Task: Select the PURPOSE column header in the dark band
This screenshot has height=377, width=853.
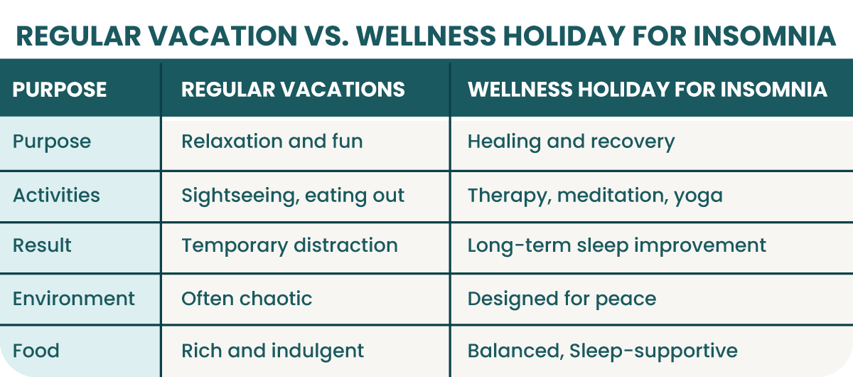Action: click(x=60, y=90)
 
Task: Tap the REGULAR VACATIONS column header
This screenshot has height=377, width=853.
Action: click(x=293, y=90)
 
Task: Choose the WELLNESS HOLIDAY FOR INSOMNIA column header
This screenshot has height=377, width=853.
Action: click(x=648, y=90)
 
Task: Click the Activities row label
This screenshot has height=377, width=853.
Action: click(x=56, y=195)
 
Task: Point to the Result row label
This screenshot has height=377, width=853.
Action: click(x=42, y=245)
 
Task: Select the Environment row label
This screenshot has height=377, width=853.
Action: click(x=73, y=299)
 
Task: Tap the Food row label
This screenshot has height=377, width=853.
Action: click(x=36, y=351)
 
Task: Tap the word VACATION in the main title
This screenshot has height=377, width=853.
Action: click(x=222, y=36)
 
